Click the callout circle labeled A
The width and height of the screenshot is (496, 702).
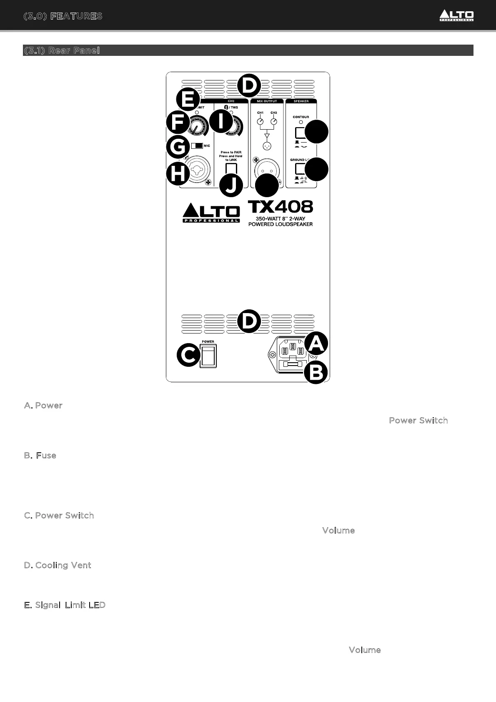[316, 343]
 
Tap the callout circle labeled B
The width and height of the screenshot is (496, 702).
[316, 373]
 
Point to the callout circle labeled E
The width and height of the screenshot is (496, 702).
[188, 100]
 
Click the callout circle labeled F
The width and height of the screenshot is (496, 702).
[178, 123]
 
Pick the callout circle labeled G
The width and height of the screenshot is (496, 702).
[178, 147]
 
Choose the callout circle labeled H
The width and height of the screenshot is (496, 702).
[178, 174]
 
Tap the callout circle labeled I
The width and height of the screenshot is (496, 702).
[221, 121]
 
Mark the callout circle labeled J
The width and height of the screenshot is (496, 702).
[231, 186]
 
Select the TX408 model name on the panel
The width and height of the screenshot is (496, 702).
[281, 207]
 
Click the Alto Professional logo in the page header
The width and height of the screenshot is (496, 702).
[456, 16]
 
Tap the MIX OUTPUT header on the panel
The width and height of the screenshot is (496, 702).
[267, 101]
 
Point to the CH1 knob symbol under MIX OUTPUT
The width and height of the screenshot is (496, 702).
[260, 122]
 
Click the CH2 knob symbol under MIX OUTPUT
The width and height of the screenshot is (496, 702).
[274, 122]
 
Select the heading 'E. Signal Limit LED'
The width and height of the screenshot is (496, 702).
[65, 605]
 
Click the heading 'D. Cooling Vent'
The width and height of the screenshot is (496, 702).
[58, 565]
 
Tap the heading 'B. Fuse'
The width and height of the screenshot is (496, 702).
[40, 456]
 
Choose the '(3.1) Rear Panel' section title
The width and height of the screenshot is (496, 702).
[62, 50]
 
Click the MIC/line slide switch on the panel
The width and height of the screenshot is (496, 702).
[197, 146]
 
